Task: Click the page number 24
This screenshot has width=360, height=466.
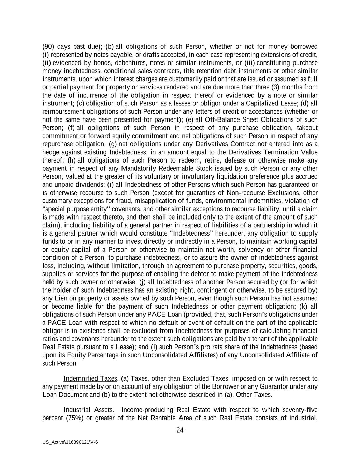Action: coord(180,430)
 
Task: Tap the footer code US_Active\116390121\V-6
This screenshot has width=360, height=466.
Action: coord(70,442)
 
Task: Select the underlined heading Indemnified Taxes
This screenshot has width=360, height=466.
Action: coord(90,378)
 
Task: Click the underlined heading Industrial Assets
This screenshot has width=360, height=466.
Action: coord(88,410)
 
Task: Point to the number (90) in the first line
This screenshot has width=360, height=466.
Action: coord(48,46)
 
